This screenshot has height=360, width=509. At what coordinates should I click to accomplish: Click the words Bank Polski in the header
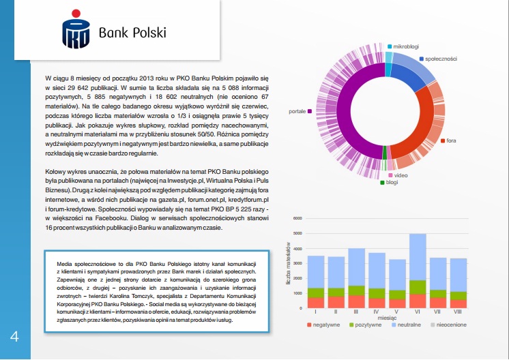(x=132, y=33)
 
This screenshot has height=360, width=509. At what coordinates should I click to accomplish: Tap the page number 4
(x=14, y=337)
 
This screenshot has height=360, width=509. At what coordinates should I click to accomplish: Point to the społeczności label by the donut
(x=439, y=59)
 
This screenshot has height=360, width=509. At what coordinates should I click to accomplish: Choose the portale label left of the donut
(x=297, y=110)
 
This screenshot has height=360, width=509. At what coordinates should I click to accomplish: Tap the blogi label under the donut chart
(x=392, y=182)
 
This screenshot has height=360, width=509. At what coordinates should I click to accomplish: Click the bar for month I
(x=316, y=282)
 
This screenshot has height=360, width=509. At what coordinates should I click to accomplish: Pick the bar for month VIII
(x=459, y=283)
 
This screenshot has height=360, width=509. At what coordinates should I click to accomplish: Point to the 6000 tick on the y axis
(x=297, y=219)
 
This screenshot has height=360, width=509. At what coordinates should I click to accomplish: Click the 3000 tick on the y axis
(x=297, y=263)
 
